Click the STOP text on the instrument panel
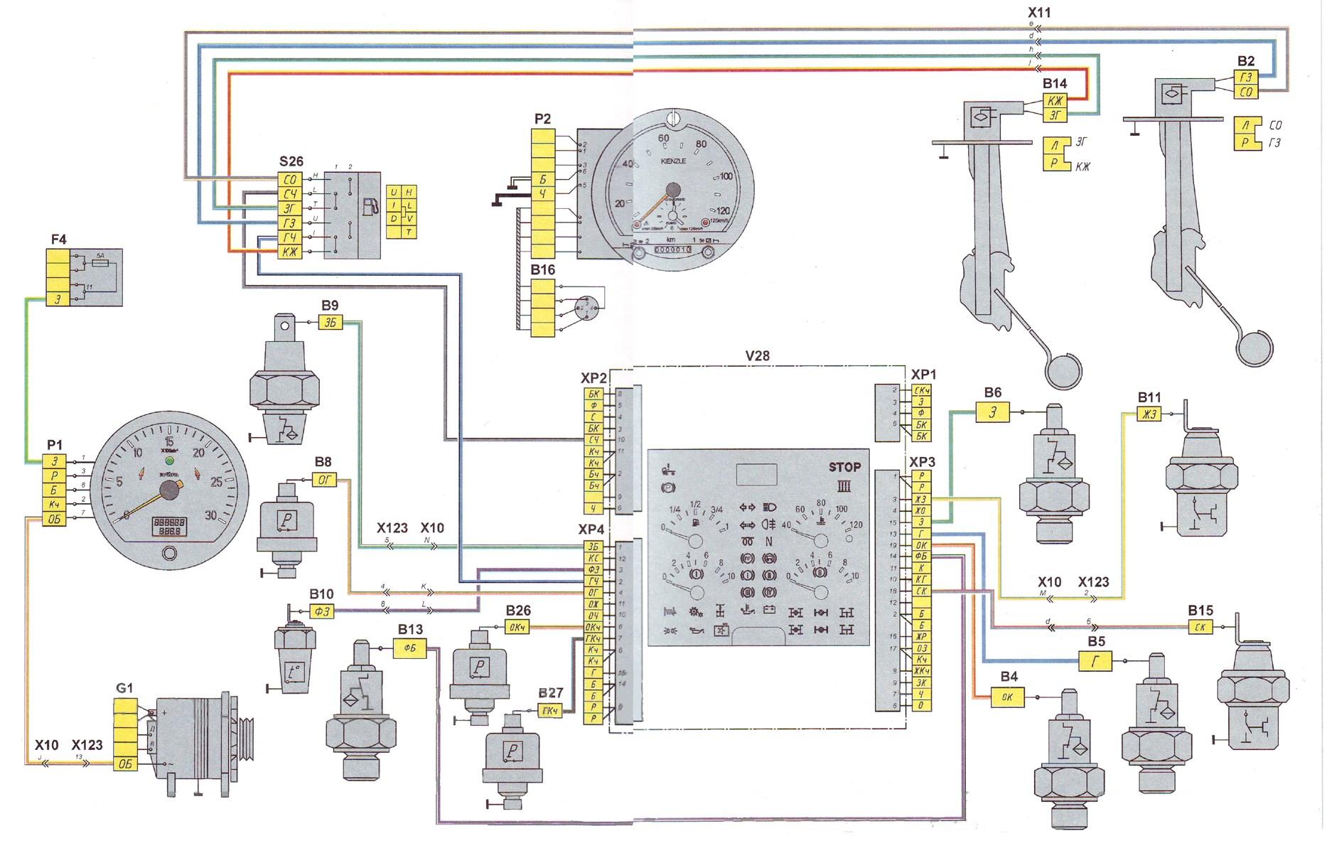point(844,467)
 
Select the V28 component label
point(757,355)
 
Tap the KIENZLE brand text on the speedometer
point(673,161)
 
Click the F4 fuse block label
point(58,240)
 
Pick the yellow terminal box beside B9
point(330,323)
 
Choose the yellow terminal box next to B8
point(323,480)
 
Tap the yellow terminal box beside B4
point(1007,697)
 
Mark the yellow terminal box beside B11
point(1149,415)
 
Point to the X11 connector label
point(1038,12)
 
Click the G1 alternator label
point(124,687)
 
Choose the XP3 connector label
point(923,461)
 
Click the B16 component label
point(543,270)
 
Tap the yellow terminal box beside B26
point(517,627)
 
